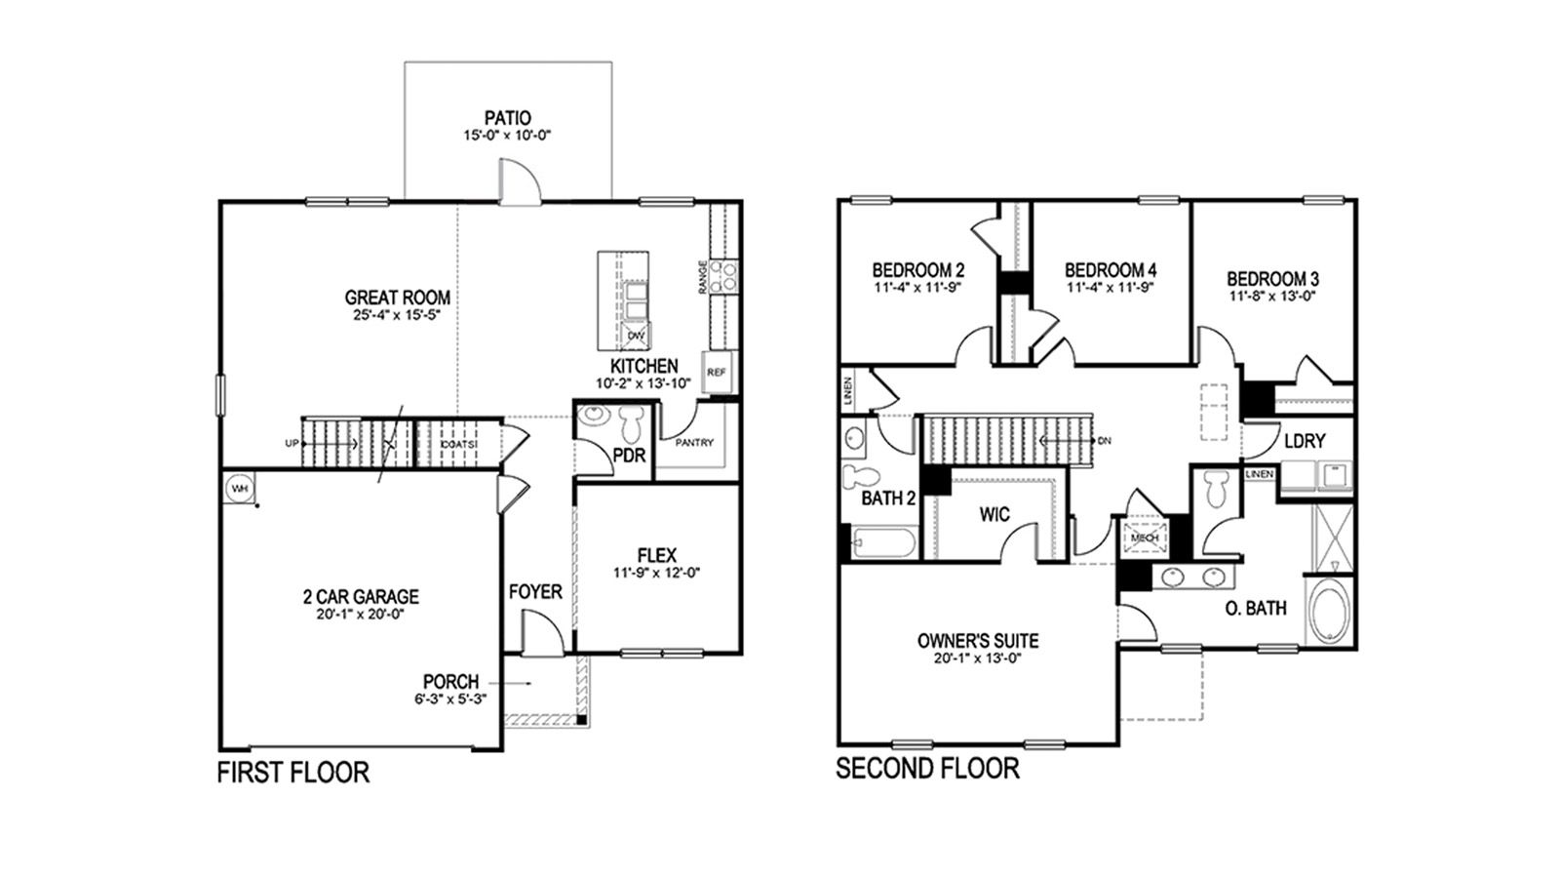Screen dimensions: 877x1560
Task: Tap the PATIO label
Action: pyautogui.click(x=508, y=118)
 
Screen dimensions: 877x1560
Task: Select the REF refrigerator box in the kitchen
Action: pyautogui.click(x=717, y=373)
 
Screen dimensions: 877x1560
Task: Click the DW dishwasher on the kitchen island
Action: pyautogui.click(x=637, y=336)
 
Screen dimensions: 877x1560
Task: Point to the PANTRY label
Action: pyautogui.click(x=694, y=443)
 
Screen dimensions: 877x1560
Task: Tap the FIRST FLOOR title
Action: pyautogui.click(x=292, y=774)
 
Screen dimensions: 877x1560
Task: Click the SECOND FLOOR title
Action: pyautogui.click(x=927, y=769)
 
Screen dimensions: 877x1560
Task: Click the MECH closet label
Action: pyautogui.click(x=1144, y=537)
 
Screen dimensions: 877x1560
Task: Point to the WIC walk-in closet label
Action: pyautogui.click(x=995, y=514)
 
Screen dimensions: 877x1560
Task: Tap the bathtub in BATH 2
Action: pyautogui.click(x=883, y=542)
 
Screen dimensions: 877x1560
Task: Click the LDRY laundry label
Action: pyautogui.click(x=1304, y=441)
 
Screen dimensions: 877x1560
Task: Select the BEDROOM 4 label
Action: pyautogui.click(x=1111, y=269)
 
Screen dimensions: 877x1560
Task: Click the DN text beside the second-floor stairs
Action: pyautogui.click(x=1104, y=441)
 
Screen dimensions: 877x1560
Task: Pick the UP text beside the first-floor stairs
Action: pyautogui.click(x=291, y=443)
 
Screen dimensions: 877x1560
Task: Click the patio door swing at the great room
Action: pyautogui.click(x=517, y=183)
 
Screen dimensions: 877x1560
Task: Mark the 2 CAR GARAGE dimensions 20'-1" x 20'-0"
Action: pyautogui.click(x=360, y=615)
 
